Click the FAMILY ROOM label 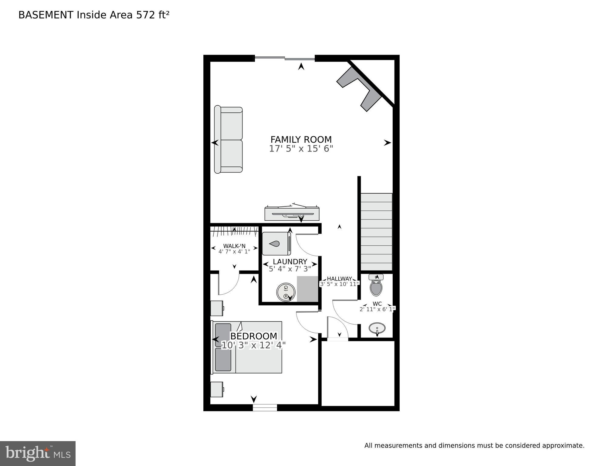coord(301,139)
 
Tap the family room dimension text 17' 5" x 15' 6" coord(301,149)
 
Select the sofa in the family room coord(229,140)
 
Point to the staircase coord(376,232)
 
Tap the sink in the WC coord(377,328)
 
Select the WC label coord(377,304)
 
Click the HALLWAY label coord(339,279)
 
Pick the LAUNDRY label coord(290,262)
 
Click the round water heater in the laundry coord(286,292)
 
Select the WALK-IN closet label coord(234,246)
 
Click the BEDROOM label coord(254,336)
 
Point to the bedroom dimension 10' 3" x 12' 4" coord(254,345)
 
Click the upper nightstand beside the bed coord(217,308)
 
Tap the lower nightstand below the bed coord(217,389)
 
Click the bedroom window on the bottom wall coord(265,407)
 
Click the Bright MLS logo coord(38,453)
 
